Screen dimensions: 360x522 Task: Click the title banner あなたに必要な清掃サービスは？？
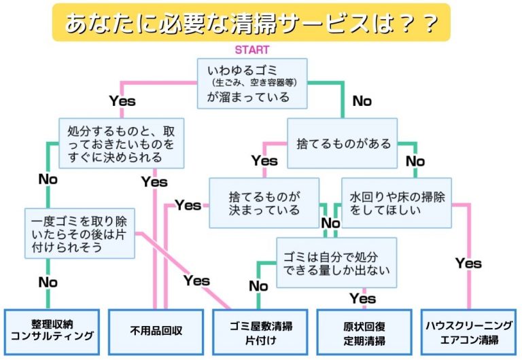click(x=251, y=23)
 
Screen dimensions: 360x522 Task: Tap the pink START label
click(x=251, y=50)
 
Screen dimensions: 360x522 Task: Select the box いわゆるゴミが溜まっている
click(x=252, y=83)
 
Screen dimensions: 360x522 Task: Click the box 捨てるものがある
click(x=343, y=144)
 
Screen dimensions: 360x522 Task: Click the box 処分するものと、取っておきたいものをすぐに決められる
click(x=121, y=144)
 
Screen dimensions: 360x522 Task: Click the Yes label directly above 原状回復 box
click(x=362, y=298)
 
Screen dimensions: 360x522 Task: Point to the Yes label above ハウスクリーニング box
click(x=468, y=263)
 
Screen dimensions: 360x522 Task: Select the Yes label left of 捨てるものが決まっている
click(x=188, y=205)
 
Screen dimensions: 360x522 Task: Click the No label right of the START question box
click(x=362, y=101)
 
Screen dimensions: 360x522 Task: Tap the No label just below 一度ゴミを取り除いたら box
click(x=48, y=281)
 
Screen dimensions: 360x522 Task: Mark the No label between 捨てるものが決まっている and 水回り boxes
click(x=330, y=223)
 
